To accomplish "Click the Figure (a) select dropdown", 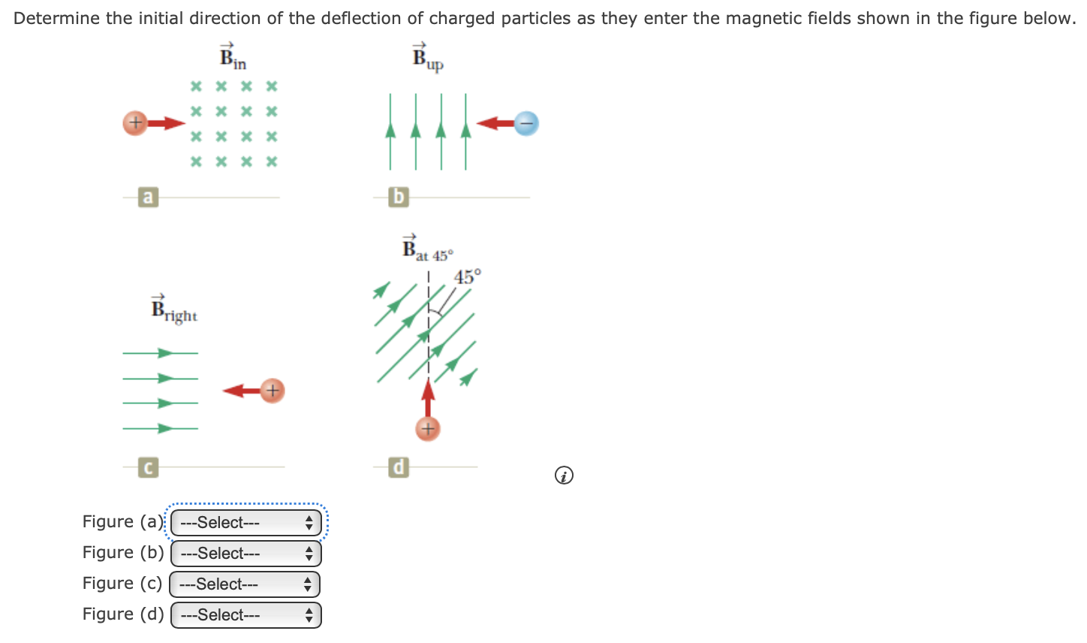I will coord(245,523).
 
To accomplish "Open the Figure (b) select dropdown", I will coord(245,554).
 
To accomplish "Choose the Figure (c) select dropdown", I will coord(245,584).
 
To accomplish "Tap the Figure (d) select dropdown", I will coord(245,615).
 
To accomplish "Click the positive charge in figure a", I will coord(134,123).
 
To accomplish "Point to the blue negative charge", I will coord(526,122).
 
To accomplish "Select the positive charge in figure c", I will coord(273,391).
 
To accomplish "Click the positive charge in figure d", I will coord(427,429).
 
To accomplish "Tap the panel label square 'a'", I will coord(148,198).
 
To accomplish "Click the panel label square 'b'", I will coord(399,198).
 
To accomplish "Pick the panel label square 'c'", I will coord(148,467).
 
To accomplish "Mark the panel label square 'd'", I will coord(399,467).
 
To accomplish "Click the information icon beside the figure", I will coord(564,475).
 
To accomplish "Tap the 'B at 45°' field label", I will coord(426,249).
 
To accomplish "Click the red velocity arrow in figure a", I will coord(166,123).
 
